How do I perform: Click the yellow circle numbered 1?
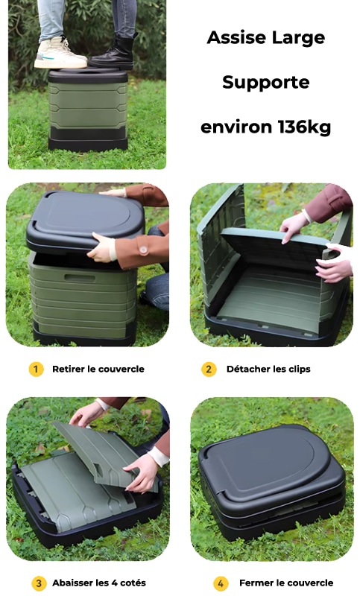tap(36, 369)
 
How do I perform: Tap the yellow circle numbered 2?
tap(209, 369)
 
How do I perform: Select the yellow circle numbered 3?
tap(39, 583)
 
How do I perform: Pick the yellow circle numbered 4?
tap(221, 583)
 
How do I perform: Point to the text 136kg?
tap(304, 127)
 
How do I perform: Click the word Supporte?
tap(266, 83)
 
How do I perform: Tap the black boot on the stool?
tap(113, 52)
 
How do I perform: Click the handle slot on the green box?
tap(80, 278)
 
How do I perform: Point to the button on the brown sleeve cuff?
tap(143, 250)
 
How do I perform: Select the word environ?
tap(236, 127)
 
